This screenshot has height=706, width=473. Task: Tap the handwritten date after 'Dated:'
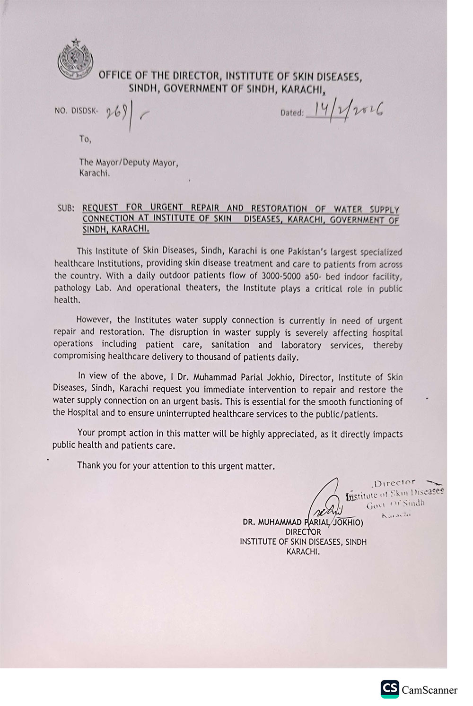(x=344, y=112)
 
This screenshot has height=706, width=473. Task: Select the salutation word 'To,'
(x=85, y=139)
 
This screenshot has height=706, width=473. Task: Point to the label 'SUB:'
(x=66, y=208)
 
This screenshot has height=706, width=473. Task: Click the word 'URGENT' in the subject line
(x=167, y=208)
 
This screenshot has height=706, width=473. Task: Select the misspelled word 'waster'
(x=237, y=332)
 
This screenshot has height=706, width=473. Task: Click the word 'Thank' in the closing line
(x=89, y=465)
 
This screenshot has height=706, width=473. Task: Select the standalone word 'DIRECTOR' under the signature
(x=303, y=532)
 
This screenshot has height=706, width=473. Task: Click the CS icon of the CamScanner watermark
(x=390, y=689)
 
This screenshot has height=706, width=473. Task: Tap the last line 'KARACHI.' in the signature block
(x=303, y=552)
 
